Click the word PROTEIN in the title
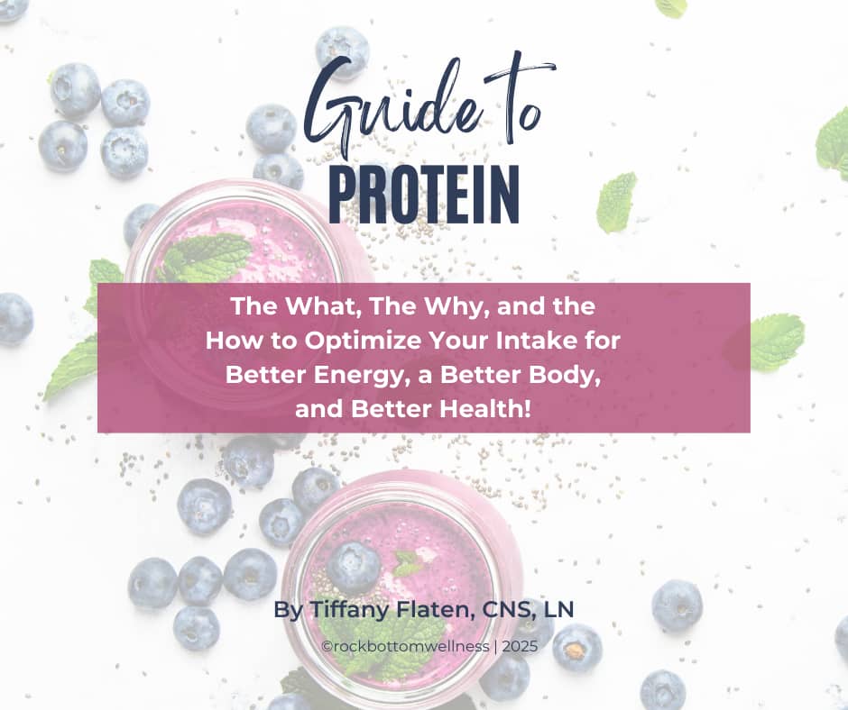coord(423,195)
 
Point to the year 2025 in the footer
coord(520,646)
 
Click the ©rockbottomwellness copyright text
coord(405,646)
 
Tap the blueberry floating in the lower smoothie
coord(354,568)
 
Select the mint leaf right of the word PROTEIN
coord(616,202)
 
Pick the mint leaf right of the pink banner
coord(777,342)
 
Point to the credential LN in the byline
coord(558,609)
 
